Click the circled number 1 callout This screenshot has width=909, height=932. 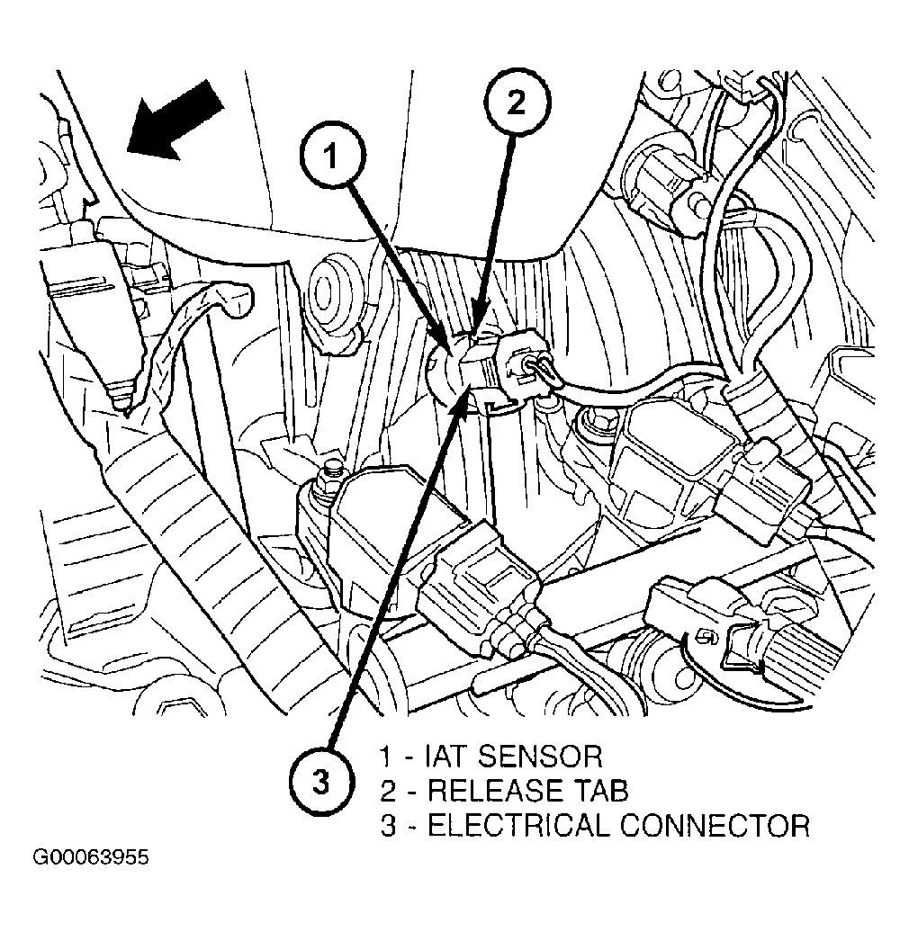(332, 158)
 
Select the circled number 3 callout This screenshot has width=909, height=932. (319, 784)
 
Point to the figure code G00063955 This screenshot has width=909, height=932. (91, 856)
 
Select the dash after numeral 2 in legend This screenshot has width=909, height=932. (409, 791)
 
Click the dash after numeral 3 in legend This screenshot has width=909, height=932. (409, 826)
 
